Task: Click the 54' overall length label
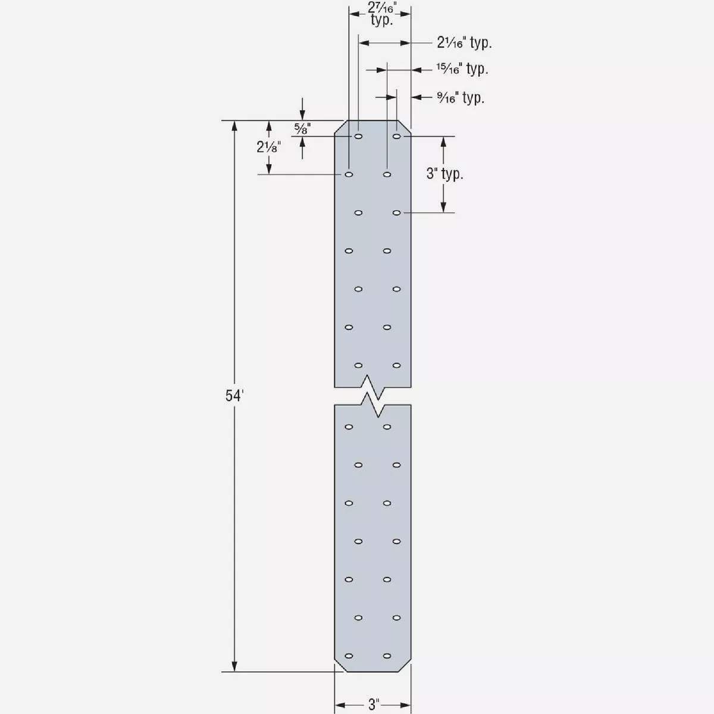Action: (x=234, y=396)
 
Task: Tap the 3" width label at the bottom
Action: (x=373, y=705)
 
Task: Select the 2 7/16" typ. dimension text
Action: (x=381, y=14)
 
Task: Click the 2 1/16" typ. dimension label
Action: (x=464, y=43)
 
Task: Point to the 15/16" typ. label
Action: (x=462, y=69)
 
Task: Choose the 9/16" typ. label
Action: (x=461, y=98)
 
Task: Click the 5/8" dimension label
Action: (x=302, y=128)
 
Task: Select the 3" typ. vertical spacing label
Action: (x=444, y=174)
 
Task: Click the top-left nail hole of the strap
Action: (x=358, y=137)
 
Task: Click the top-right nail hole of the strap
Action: (x=397, y=137)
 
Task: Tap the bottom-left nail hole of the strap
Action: (x=349, y=656)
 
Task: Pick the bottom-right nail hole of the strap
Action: (x=387, y=656)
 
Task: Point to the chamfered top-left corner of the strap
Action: (x=340, y=127)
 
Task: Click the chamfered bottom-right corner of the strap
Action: (x=405, y=666)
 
